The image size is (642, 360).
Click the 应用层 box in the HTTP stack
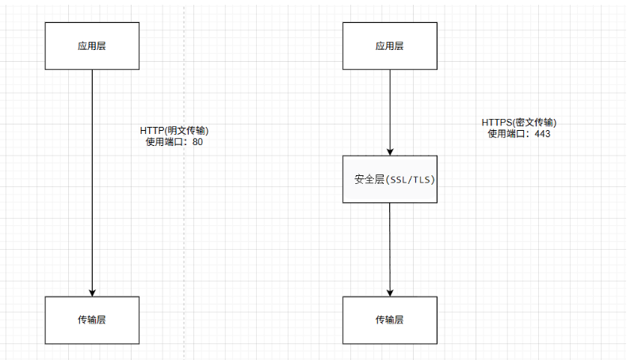(x=92, y=46)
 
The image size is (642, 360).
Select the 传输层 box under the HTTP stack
(x=92, y=320)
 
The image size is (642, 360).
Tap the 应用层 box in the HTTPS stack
(x=389, y=46)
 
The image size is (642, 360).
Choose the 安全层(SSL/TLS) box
(x=389, y=179)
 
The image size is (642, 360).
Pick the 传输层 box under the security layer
(x=389, y=320)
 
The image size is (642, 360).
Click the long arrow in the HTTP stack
(x=92, y=182)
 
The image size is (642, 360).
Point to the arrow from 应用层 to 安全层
(x=389, y=111)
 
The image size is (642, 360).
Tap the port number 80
(x=198, y=142)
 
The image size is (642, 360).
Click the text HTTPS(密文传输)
(x=519, y=123)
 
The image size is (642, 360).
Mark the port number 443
(x=542, y=134)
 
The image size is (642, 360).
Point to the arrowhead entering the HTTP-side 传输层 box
(x=92, y=292)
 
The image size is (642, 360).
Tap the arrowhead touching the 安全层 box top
(x=389, y=151)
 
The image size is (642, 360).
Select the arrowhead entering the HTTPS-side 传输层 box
(x=389, y=292)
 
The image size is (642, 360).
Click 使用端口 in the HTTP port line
(x=162, y=142)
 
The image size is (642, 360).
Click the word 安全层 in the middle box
(x=369, y=180)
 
